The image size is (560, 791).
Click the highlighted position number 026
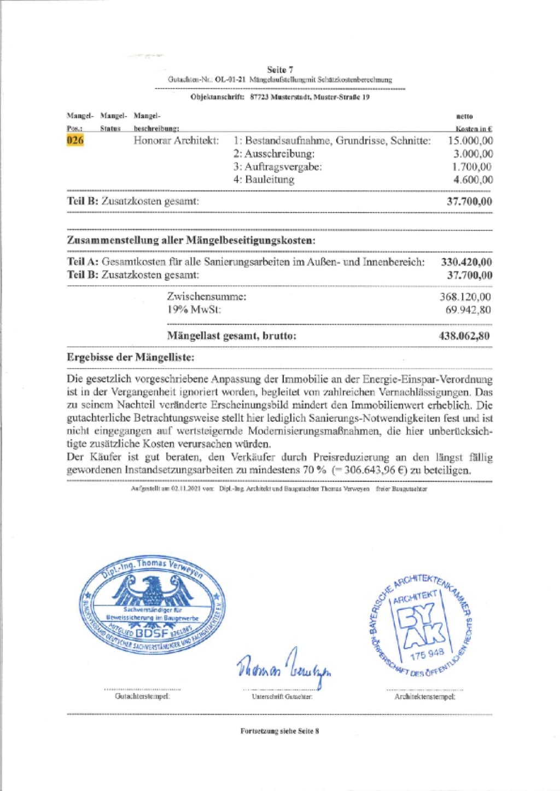coord(75,141)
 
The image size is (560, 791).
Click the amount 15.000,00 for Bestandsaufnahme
coord(470,141)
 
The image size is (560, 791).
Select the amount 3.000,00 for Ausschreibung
coord(472,154)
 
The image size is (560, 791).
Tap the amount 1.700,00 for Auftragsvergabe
coord(471,167)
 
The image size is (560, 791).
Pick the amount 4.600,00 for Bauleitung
coord(472,180)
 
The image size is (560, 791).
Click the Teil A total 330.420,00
coord(466,262)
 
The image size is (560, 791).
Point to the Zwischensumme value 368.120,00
coord(465,297)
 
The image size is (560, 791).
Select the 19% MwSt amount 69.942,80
coord(468,310)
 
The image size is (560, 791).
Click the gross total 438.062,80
coord(464,336)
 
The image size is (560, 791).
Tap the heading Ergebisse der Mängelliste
coord(130,358)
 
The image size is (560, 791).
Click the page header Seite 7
coord(280,69)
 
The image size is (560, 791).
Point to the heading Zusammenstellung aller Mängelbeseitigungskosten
coord(191,241)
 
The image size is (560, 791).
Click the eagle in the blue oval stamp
coord(153,590)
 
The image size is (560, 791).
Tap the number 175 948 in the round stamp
coord(427,654)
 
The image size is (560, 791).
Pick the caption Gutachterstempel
coord(142,696)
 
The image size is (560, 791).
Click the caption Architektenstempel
coord(424,696)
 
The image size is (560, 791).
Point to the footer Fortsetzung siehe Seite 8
coord(279,731)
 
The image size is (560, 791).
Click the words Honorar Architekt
coord(176,141)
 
